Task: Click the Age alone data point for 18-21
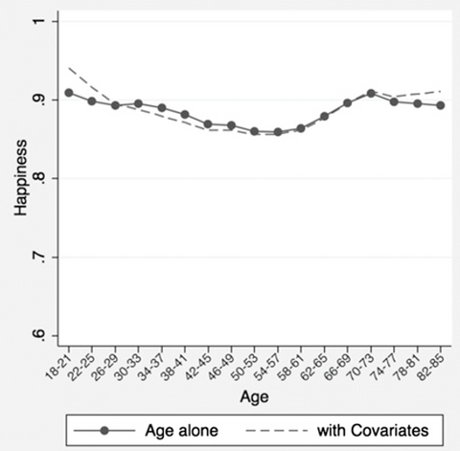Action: point(68,93)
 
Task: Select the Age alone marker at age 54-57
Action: point(278,132)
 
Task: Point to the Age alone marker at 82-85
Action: point(441,105)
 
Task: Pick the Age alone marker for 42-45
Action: point(208,124)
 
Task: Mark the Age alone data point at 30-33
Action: point(138,103)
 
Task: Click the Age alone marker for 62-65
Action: point(324,116)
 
